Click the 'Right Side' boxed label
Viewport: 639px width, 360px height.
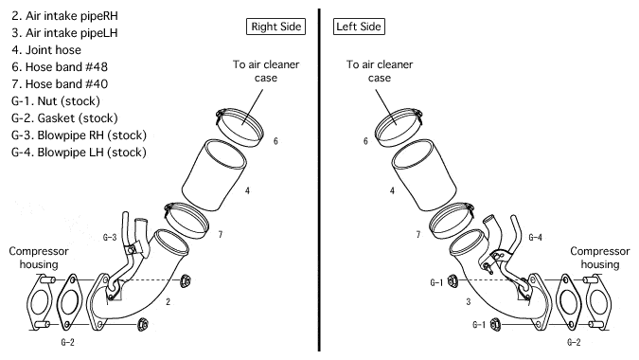[275, 27]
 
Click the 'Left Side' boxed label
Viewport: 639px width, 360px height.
[359, 27]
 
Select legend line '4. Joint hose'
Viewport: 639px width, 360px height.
[46, 50]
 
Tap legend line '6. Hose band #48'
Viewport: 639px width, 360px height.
[60, 67]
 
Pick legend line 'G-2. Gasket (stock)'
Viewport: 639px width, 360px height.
[64, 118]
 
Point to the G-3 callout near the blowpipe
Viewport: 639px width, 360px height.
[110, 237]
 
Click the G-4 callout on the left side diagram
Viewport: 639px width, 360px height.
[535, 237]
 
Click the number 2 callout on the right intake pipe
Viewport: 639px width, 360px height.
[168, 301]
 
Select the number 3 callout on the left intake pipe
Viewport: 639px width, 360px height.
[469, 301]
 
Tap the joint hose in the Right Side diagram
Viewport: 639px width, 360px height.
[214, 175]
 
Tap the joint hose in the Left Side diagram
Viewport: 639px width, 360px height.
[424, 175]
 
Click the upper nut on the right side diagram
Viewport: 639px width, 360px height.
[185, 280]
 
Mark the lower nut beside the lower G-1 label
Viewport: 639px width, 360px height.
[495, 324]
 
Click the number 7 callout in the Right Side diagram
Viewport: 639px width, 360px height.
[221, 234]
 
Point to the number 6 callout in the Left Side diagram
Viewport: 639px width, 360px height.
[365, 141]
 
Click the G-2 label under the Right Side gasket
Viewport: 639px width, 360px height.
[67, 342]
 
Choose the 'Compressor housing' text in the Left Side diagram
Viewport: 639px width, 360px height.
[600, 258]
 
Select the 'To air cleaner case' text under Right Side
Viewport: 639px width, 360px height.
[266, 71]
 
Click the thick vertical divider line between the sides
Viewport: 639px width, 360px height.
[319, 180]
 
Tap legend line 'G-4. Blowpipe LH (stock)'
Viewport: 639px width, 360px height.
[79, 153]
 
